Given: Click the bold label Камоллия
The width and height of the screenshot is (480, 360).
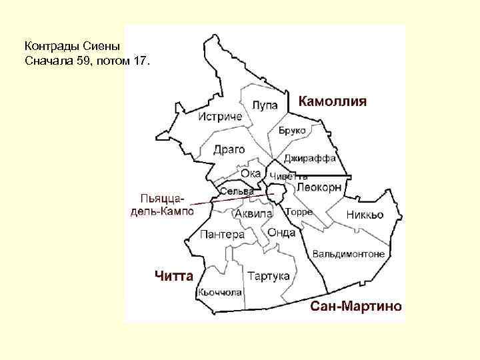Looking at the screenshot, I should [x=333, y=102].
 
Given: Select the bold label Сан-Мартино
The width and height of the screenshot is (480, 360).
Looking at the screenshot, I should [x=357, y=306].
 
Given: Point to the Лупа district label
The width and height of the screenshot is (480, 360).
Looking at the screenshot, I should [x=265, y=105].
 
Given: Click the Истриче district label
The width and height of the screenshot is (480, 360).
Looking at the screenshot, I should [x=221, y=117].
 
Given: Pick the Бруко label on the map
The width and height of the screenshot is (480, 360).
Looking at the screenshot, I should [x=293, y=131].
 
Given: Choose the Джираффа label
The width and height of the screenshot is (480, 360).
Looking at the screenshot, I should [x=309, y=159].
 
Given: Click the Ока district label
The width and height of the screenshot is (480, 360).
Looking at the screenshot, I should [x=251, y=173].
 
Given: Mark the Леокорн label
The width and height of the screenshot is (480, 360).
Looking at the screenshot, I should [x=319, y=188].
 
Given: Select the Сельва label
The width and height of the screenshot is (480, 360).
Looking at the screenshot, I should [x=237, y=192].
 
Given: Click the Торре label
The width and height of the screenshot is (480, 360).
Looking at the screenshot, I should [x=299, y=212].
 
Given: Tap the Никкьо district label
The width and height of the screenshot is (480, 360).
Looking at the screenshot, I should [x=365, y=215].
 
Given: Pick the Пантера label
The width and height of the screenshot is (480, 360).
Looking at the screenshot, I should [x=223, y=235].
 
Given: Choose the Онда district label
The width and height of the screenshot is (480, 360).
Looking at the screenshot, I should [x=281, y=232].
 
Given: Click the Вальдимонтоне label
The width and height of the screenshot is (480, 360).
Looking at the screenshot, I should [x=349, y=254].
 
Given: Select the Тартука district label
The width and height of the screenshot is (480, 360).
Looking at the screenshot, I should [x=269, y=275].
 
